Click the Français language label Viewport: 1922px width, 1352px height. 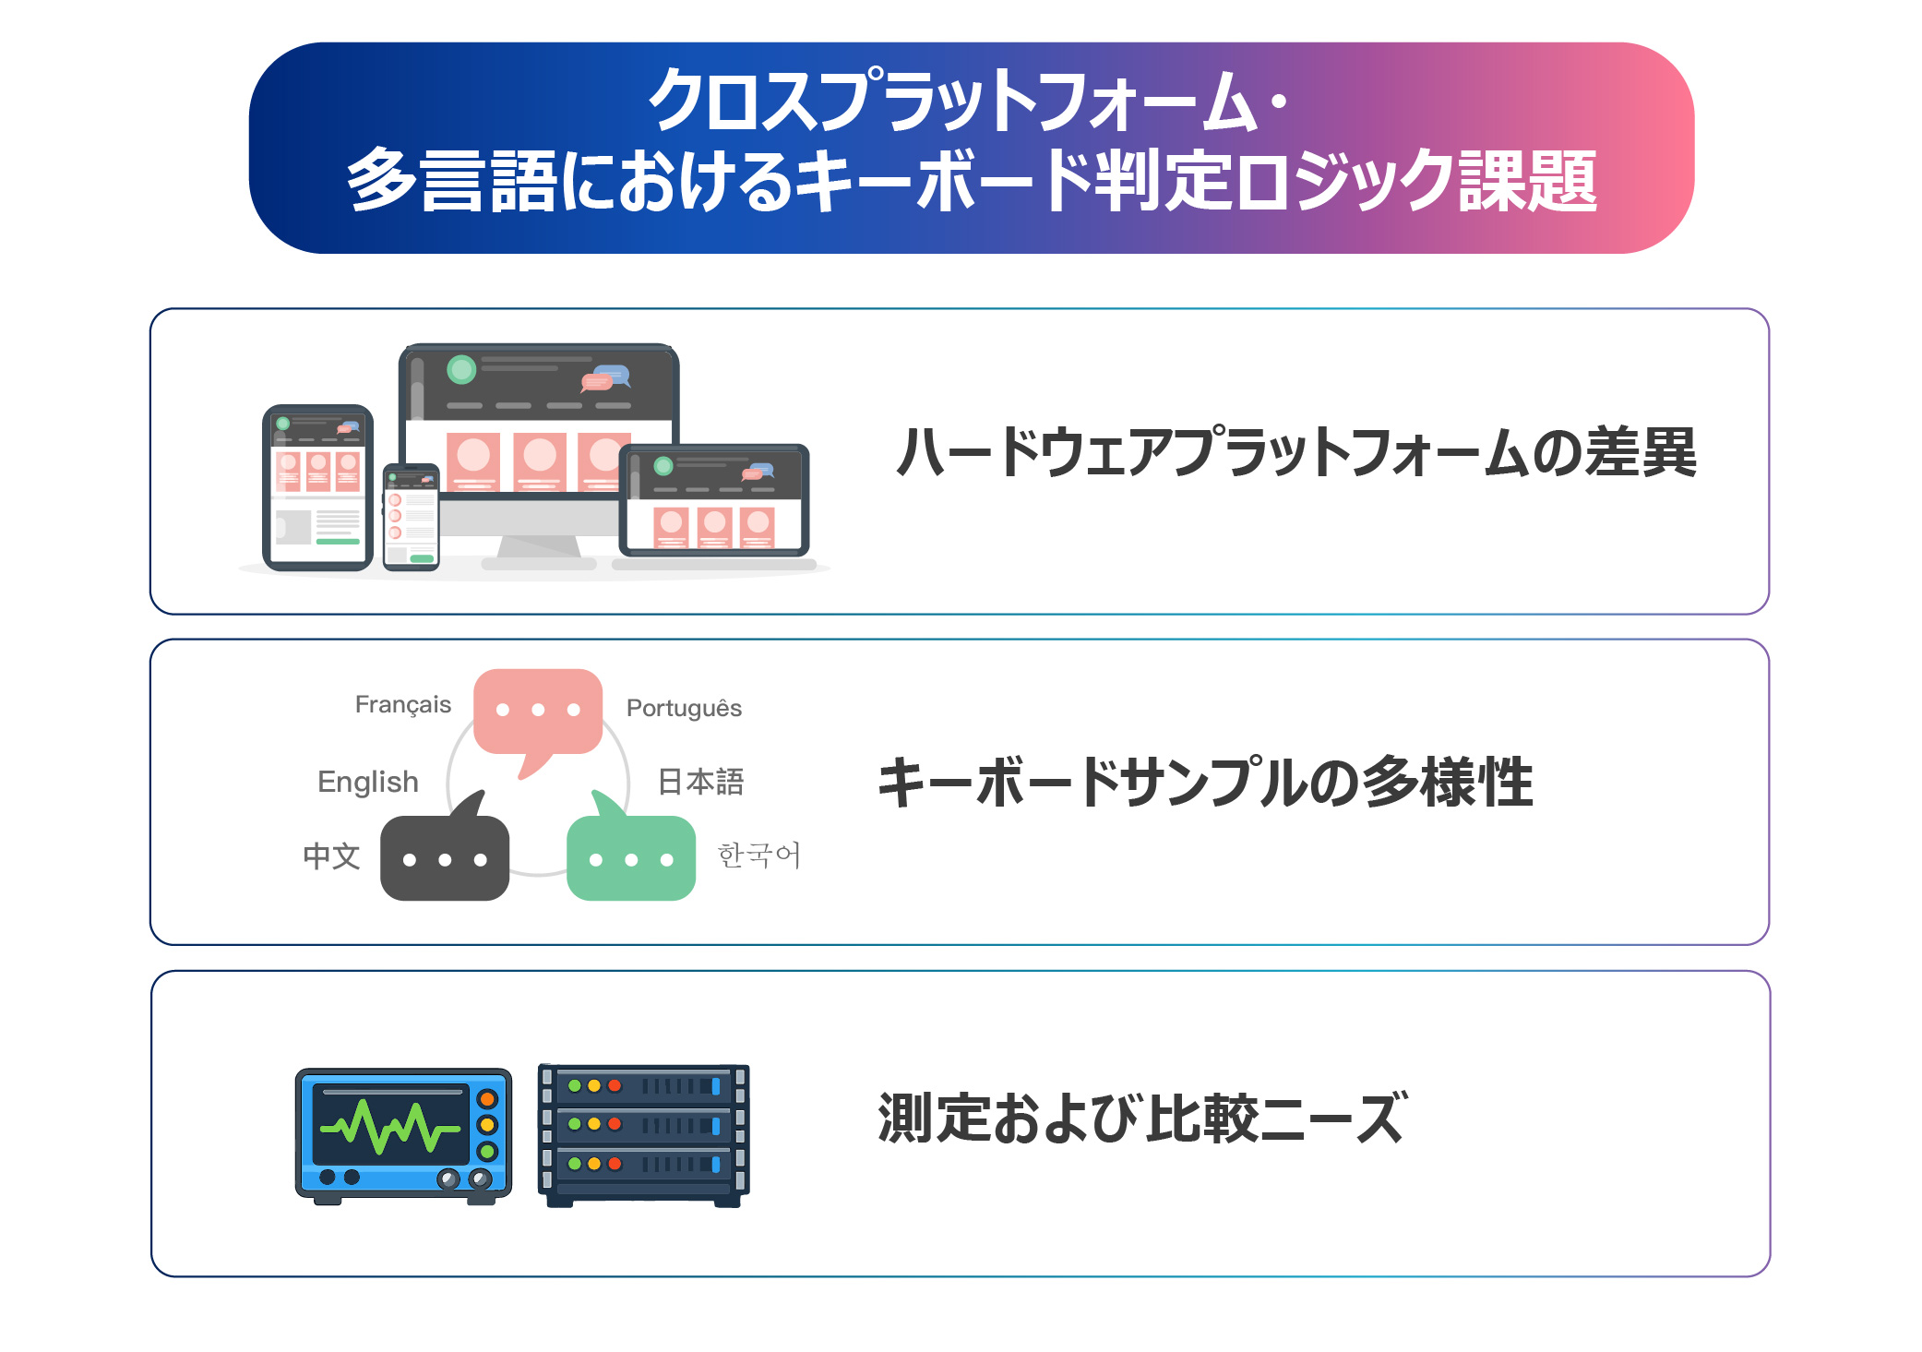(403, 705)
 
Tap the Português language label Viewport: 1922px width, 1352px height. (684, 708)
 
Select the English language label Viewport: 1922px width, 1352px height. (368, 782)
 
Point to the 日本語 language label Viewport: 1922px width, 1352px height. (701, 782)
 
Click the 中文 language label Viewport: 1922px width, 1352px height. (331, 855)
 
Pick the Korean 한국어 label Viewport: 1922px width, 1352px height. (759, 855)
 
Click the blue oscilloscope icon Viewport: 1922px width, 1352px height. (403, 1136)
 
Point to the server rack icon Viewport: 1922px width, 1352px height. (644, 1135)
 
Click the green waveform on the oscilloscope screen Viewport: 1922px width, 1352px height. (389, 1127)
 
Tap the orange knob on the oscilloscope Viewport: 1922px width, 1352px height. (487, 1099)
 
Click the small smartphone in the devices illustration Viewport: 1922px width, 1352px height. (411, 517)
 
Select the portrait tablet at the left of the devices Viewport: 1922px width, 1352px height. (317, 487)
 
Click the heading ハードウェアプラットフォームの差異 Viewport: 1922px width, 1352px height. (1296, 452)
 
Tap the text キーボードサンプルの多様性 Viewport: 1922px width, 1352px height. (1205, 783)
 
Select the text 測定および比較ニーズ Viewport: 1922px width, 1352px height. (1143, 1119)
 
